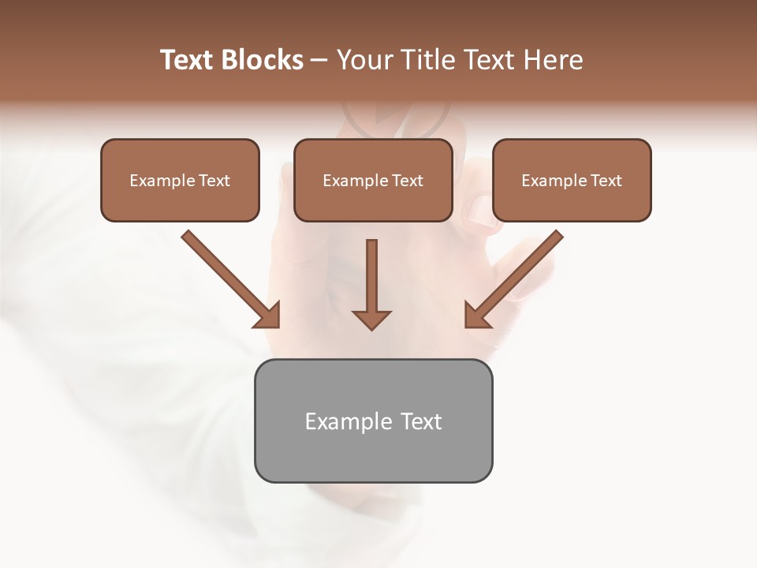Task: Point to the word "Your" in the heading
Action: [x=364, y=60]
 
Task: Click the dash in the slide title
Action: [x=319, y=61]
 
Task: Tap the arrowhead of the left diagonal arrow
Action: [x=268, y=316]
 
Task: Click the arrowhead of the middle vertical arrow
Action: [x=371, y=319]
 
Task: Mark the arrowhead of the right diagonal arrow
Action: [x=476, y=316]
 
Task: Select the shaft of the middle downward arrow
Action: [x=371, y=272]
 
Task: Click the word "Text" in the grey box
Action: [x=421, y=422]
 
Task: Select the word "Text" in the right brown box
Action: [x=606, y=181]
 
